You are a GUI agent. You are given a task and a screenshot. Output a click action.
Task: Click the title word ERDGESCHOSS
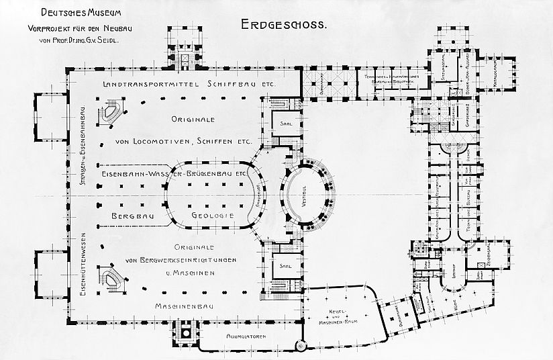click(283, 25)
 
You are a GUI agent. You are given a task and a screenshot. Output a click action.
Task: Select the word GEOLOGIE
click(212, 216)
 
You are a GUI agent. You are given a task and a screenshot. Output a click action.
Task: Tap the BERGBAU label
click(130, 216)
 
